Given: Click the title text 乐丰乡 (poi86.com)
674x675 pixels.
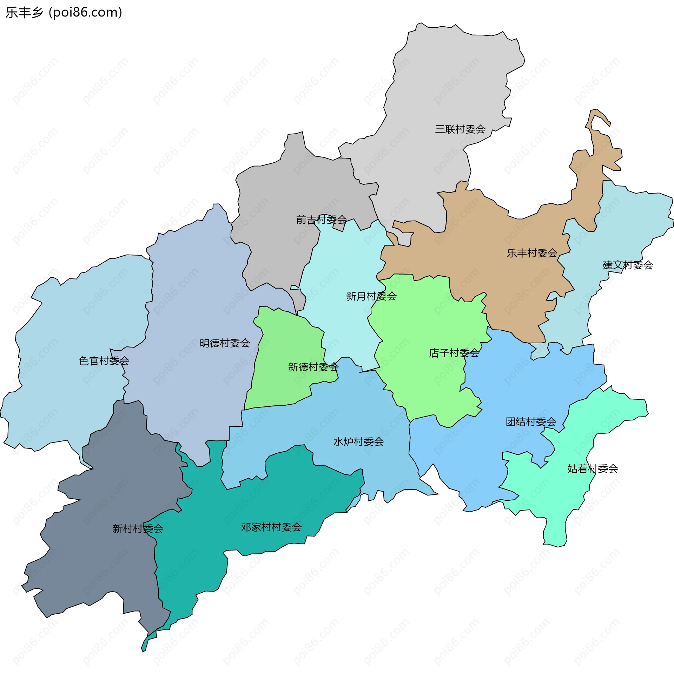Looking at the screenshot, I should pyautogui.click(x=64, y=13).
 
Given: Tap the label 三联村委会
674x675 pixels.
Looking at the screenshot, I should pyautogui.click(x=460, y=129).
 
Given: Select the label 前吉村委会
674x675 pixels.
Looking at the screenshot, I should pyautogui.click(x=322, y=220).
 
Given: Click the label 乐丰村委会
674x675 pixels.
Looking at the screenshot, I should pyautogui.click(x=532, y=253).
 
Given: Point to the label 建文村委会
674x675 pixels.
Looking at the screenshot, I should pyautogui.click(x=628, y=265).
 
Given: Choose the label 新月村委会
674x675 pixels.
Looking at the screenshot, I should pyautogui.click(x=371, y=296).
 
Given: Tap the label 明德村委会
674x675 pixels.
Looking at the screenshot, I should pyautogui.click(x=225, y=343).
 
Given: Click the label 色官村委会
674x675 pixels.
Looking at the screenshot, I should pyautogui.click(x=104, y=360).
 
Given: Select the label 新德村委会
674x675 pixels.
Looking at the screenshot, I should pyautogui.click(x=313, y=367).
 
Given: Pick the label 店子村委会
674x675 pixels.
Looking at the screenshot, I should pyautogui.click(x=454, y=353).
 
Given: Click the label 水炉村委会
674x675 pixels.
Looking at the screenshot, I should pyautogui.click(x=358, y=441).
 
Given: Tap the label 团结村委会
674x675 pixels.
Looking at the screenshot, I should pyautogui.click(x=531, y=421).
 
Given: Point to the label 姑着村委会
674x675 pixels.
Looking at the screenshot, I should pyautogui.click(x=593, y=468).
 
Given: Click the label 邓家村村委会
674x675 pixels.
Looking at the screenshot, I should pyautogui.click(x=271, y=527).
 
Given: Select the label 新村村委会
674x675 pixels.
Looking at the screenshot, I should pyautogui.click(x=138, y=528).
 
